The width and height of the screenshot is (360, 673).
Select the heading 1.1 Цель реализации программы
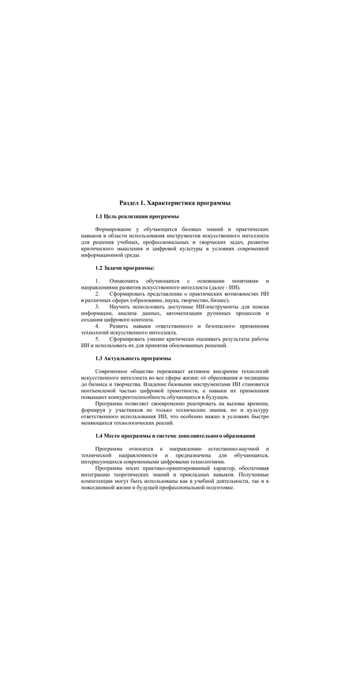(x=137, y=216)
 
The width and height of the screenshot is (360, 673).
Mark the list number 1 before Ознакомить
(x=97, y=281)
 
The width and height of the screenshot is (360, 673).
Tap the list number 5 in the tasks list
(x=97, y=338)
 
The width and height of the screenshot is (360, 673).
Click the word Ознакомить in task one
(x=125, y=281)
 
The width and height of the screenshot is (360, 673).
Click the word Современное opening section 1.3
(x=117, y=371)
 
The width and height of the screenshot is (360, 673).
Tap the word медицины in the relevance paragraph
(x=255, y=377)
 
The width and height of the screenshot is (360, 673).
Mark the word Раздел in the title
(x=130, y=204)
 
